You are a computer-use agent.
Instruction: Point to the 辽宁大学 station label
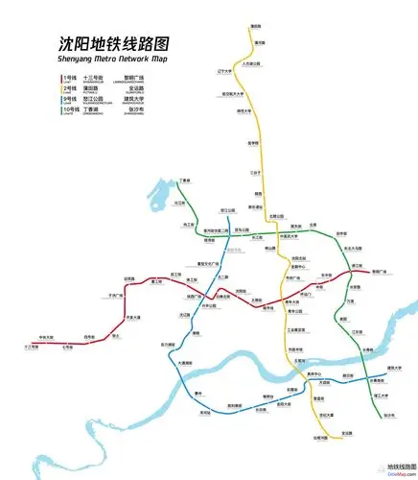(225, 72)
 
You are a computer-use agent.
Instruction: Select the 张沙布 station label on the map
(389, 416)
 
